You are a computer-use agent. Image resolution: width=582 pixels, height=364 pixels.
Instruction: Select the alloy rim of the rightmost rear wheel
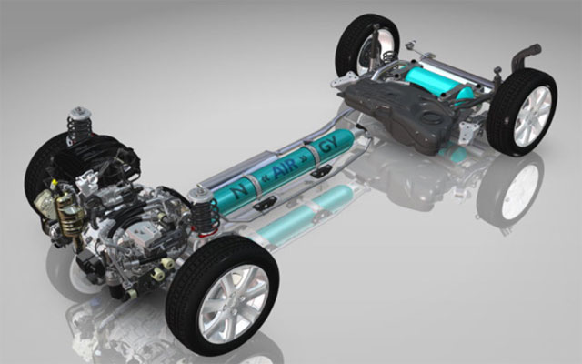(531, 116)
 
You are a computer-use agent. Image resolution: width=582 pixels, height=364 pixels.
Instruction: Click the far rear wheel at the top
(360, 45)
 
